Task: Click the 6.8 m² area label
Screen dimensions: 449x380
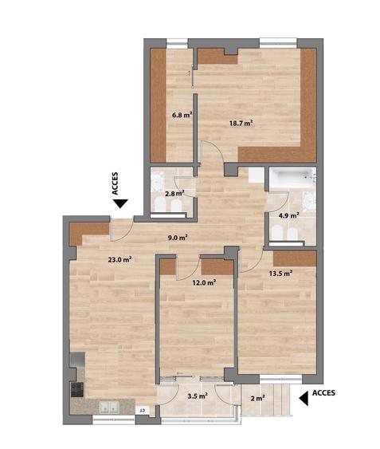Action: tap(182, 114)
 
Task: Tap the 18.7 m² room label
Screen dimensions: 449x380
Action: tap(241, 123)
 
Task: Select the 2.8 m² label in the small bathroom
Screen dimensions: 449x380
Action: tap(174, 192)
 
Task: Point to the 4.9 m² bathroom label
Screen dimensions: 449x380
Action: tap(288, 215)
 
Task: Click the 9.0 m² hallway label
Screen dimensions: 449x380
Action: tap(178, 237)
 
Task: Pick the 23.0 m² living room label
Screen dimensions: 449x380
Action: tap(119, 258)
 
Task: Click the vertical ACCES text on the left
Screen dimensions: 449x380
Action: tap(116, 183)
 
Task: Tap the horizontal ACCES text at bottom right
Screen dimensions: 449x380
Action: tap(323, 392)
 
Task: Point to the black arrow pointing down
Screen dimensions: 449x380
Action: tap(119, 205)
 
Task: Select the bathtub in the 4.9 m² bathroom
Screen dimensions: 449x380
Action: tap(291, 177)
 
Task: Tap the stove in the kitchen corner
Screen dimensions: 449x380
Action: tap(78, 390)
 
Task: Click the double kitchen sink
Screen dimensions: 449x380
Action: tap(107, 408)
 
